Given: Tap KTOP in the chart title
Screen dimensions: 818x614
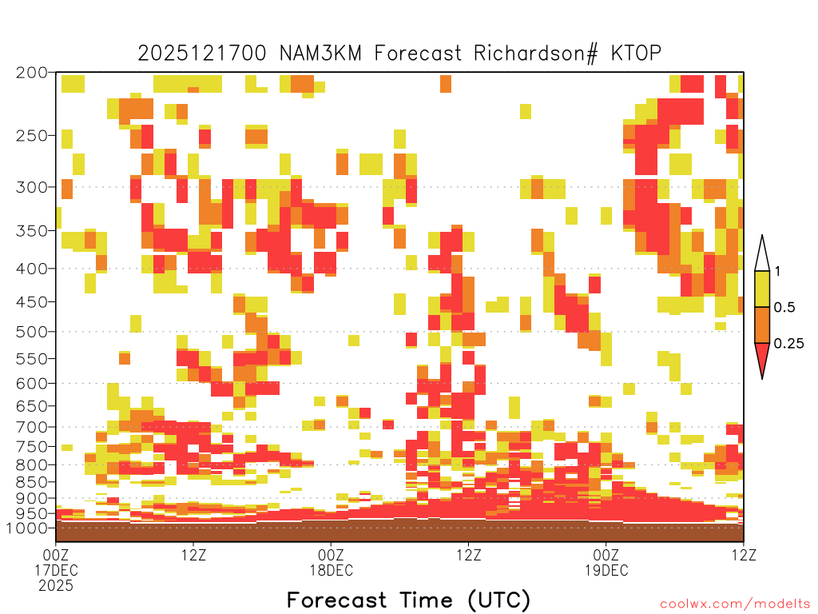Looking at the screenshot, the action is tap(636, 53).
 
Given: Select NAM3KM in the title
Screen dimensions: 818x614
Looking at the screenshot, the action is tap(320, 53).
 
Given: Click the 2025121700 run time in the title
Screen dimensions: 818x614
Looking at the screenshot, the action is tap(202, 53).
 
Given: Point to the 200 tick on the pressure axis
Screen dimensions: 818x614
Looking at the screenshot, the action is tap(32, 73).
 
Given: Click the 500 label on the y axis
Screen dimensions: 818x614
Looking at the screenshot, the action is tap(32, 332).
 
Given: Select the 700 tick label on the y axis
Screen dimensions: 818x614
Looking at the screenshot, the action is tap(32, 427).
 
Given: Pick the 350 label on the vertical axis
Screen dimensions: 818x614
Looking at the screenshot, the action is tap(32, 230).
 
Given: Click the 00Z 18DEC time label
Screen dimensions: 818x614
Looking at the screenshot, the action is tap(332, 562).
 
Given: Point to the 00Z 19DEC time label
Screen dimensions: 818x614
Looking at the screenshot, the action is tap(606, 562).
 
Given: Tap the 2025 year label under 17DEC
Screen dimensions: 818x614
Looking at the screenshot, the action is tap(56, 586).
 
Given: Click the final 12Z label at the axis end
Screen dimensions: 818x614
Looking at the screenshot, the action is tap(744, 555).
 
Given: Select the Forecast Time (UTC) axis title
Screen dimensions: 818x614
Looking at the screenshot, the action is tap(408, 600).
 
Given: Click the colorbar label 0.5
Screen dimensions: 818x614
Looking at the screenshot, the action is tap(784, 307).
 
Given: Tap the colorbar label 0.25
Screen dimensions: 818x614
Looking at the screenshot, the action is tap(788, 343).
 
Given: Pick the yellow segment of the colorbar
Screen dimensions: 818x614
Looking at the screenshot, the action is tap(762, 289).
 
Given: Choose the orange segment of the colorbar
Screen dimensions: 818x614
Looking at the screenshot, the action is tap(762, 325).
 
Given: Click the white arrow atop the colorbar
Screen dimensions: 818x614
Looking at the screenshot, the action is tap(762, 253).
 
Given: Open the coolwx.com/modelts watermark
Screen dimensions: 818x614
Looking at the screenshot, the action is tap(735, 604).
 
